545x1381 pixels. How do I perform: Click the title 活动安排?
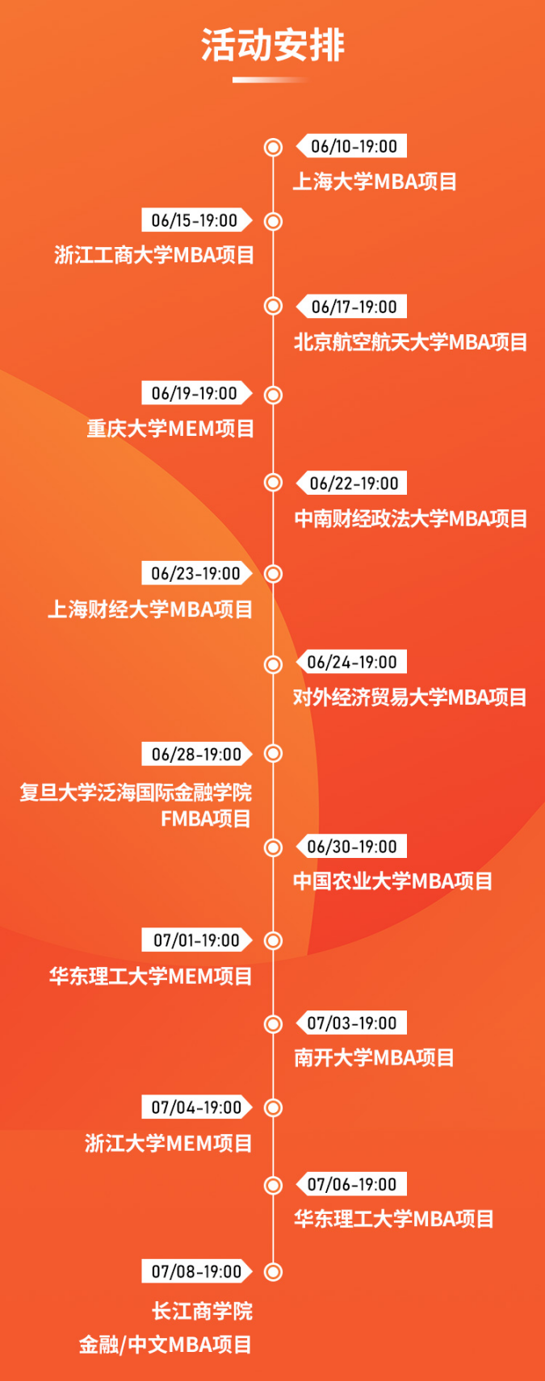pyautogui.click(x=273, y=45)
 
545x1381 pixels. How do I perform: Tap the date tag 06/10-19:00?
pyautogui.click(x=351, y=146)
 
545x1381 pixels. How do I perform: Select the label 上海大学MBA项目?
pyautogui.click(x=375, y=182)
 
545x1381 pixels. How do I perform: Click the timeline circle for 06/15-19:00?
pyautogui.click(x=273, y=221)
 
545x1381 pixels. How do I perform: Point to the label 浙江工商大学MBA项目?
pyautogui.click(x=154, y=254)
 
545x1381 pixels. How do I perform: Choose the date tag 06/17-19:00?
pyautogui.click(x=351, y=307)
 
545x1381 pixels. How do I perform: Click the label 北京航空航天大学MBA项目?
pyautogui.click(x=411, y=341)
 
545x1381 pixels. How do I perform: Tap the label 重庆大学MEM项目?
pyautogui.click(x=171, y=429)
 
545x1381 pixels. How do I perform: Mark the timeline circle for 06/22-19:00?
pyautogui.click(x=273, y=482)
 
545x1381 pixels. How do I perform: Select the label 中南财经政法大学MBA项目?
pyautogui.click(x=411, y=518)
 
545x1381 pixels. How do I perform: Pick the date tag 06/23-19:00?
pyautogui.click(x=197, y=573)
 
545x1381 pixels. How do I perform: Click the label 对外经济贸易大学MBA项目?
pyautogui.click(x=410, y=697)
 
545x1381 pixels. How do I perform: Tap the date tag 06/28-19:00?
pyautogui.click(x=197, y=754)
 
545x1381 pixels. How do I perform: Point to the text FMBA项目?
pyautogui.click(x=206, y=818)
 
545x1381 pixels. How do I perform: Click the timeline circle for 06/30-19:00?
pyautogui.click(x=273, y=847)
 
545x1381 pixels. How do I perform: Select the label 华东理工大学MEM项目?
pyautogui.click(x=151, y=976)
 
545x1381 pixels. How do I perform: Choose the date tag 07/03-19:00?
pyautogui.click(x=351, y=1023)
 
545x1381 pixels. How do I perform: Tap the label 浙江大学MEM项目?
pyautogui.click(x=169, y=1144)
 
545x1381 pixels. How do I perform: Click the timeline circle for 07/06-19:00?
pyautogui.click(x=273, y=1185)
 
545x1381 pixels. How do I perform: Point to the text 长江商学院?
pyautogui.click(x=203, y=1311)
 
